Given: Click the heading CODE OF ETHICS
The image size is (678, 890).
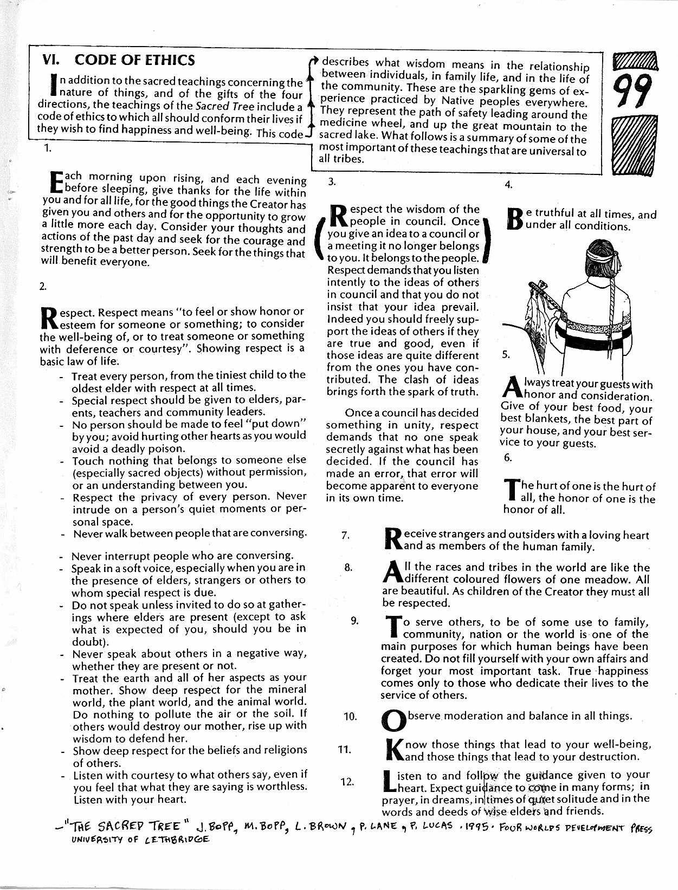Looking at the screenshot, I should pyautogui.click(x=134, y=60).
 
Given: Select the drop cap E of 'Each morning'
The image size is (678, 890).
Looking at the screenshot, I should pyautogui.click(x=56, y=183).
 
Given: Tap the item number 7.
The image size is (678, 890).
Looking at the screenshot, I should pyautogui.click(x=345, y=536).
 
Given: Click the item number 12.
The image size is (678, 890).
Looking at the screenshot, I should pyautogui.click(x=347, y=782).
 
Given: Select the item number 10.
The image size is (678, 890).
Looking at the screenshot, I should pyautogui.click(x=350, y=717).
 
